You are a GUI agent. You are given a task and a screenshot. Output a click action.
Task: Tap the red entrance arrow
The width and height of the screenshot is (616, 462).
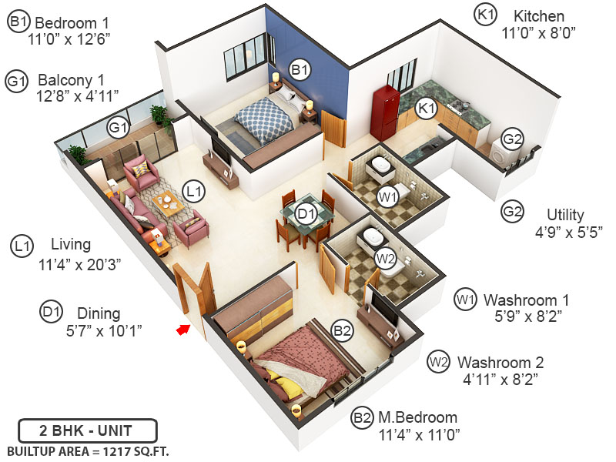click(x=184, y=330)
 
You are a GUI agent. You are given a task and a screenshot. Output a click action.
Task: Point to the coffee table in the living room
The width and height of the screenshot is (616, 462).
click(x=168, y=203)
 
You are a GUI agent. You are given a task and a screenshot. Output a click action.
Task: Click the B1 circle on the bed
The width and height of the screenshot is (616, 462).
click(x=300, y=70)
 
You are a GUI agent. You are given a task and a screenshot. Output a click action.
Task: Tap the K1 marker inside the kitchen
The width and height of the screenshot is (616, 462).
click(x=427, y=109)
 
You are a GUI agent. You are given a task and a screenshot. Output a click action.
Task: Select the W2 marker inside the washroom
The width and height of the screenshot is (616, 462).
click(x=384, y=256)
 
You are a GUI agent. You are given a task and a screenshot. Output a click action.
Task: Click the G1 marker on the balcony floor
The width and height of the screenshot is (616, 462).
click(x=118, y=128)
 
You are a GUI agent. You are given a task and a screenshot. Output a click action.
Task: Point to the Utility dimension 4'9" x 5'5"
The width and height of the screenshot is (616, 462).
click(x=564, y=230)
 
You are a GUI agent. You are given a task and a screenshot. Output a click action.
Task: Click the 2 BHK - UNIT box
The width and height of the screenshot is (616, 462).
click(x=88, y=430)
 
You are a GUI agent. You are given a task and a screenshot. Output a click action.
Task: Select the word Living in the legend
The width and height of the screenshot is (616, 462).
click(x=71, y=245)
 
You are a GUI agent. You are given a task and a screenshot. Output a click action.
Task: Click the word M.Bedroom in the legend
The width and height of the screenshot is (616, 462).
click(x=417, y=418)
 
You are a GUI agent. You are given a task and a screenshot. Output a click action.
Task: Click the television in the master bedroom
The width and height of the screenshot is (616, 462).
click(x=385, y=308)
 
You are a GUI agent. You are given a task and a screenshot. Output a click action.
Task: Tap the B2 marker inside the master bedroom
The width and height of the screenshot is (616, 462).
click(x=342, y=331)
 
